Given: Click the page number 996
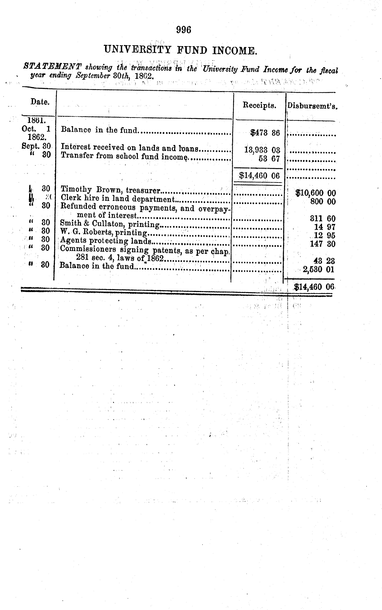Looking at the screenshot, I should [x=184, y=30].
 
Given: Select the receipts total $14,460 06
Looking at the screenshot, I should [x=259, y=176].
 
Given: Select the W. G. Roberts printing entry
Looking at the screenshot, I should [x=103, y=232].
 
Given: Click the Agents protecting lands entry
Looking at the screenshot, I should [x=106, y=241].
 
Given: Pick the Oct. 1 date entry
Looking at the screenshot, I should [x=36, y=129].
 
